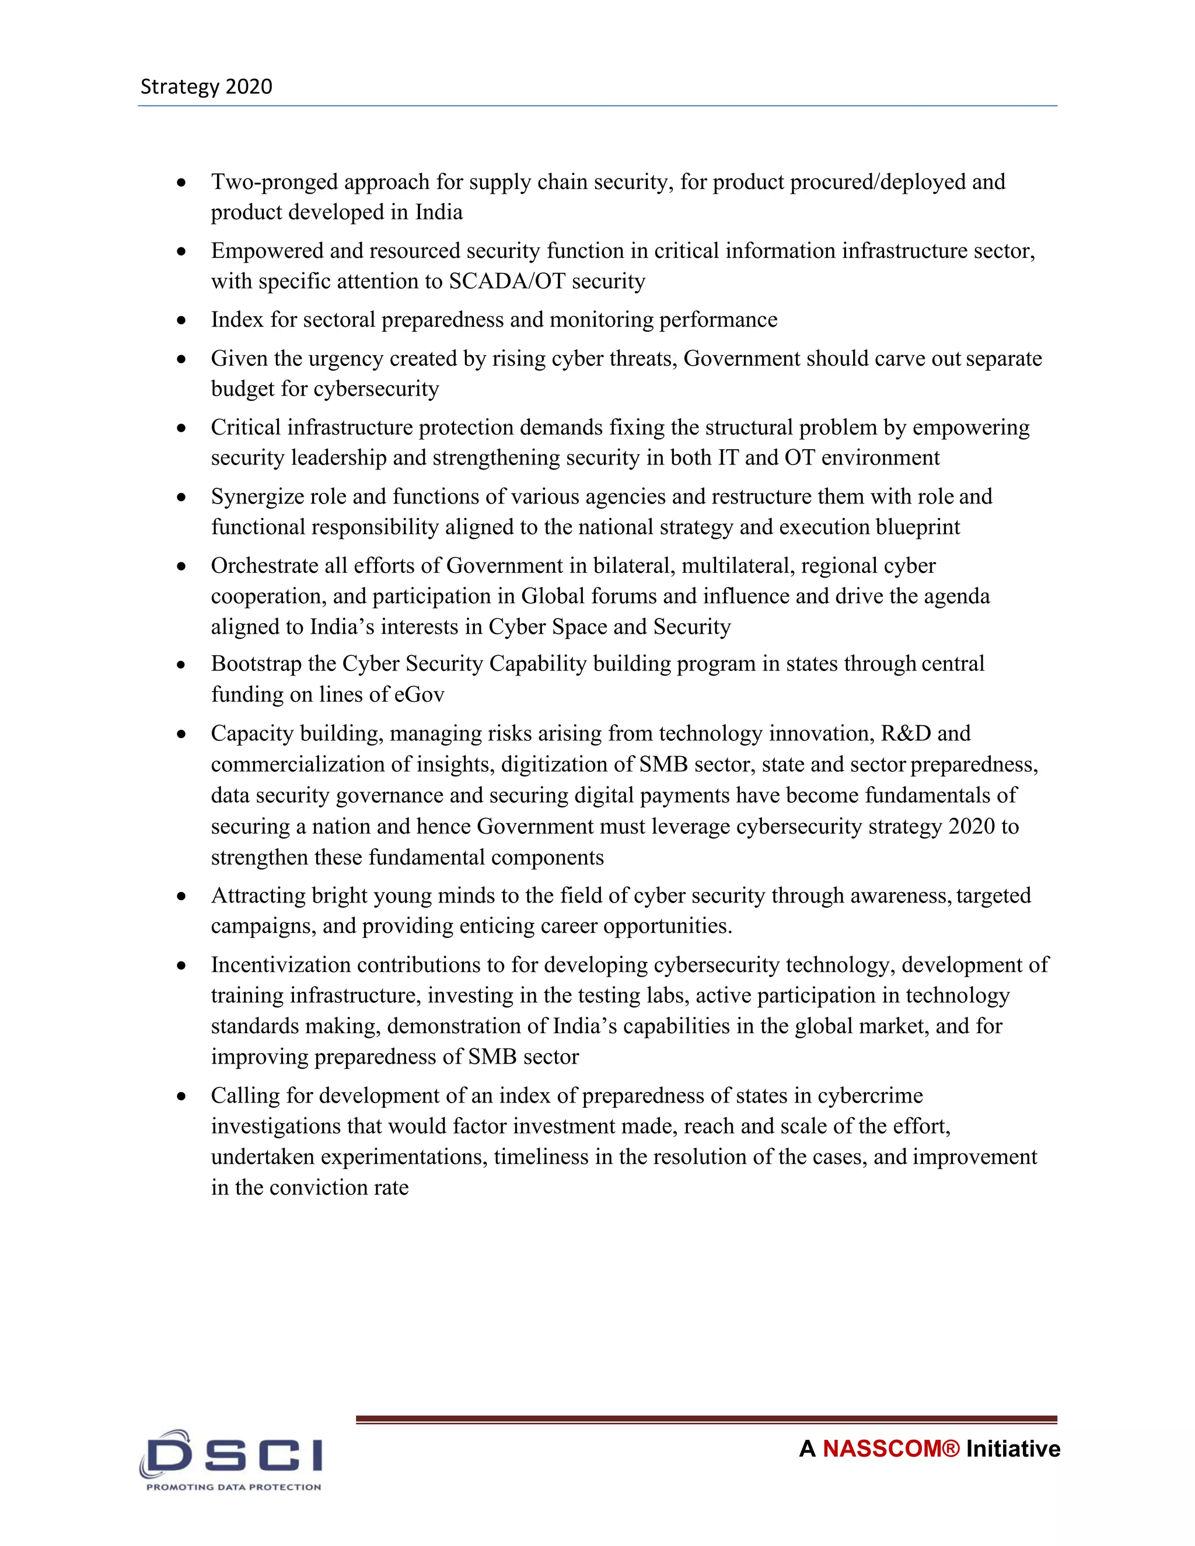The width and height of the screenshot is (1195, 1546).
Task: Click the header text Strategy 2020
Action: [x=206, y=86]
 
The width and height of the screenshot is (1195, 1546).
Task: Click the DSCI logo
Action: [x=232, y=1454]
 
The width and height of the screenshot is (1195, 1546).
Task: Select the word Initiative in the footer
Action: [x=1013, y=1449]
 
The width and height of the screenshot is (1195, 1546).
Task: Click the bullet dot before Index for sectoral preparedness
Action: [x=182, y=320]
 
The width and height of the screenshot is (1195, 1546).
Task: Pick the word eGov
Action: [x=419, y=694]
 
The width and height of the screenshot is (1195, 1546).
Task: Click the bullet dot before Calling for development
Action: [x=182, y=1096]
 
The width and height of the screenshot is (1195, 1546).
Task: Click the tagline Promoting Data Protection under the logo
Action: [x=233, y=1486]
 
